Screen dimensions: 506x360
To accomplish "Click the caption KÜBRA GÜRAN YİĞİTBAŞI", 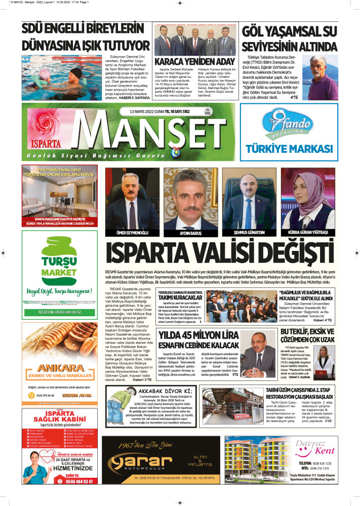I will [308, 232].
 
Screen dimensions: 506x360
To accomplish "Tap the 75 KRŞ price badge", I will [207, 126].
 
